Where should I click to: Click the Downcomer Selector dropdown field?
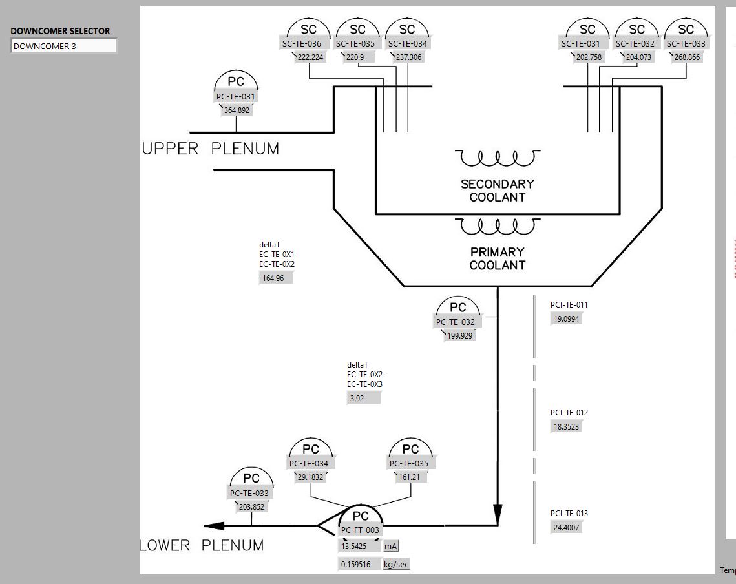pyautogui.click(x=63, y=47)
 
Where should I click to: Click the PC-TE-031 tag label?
pyautogui.click(x=236, y=97)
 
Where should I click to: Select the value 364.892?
pyautogui.click(x=237, y=110)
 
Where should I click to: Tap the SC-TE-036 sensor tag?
pyautogui.click(x=301, y=44)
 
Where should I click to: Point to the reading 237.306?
pyautogui.click(x=408, y=57)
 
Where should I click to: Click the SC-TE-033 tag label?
pyautogui.click(x=686, y=44)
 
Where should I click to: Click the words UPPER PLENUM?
pyautogui.click(x=211, y=149)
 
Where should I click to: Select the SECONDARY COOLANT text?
pyautogui.click(x=498, y=191)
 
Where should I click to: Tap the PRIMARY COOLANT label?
pyautogui.click(x=498, y=258)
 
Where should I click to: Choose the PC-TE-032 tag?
pyautogui.click(x=455, y=322)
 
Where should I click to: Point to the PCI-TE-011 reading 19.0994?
pyautogui.click(x=565, y=318)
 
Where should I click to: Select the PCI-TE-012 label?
pyautogui.click(x=569, y=413)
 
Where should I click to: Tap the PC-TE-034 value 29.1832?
pyautogui.click(x=311, y=477)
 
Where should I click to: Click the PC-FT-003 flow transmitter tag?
pyautogui.click(x=361, y=530)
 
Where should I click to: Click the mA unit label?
pyautogui.click(x=391, y=547)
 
